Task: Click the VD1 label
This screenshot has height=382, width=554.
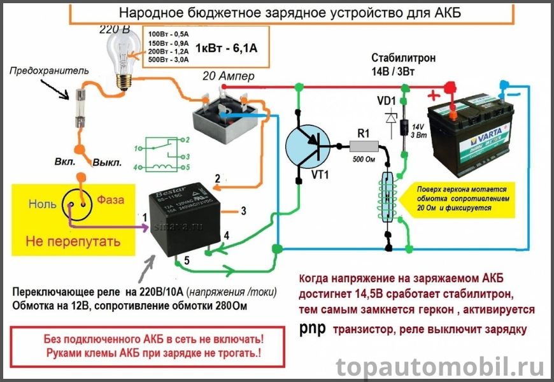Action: coord(386,100)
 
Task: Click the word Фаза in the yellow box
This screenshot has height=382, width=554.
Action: coord(110,200)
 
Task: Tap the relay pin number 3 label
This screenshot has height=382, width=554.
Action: coord(243,209)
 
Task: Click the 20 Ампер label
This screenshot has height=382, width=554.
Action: coord(229,76)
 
